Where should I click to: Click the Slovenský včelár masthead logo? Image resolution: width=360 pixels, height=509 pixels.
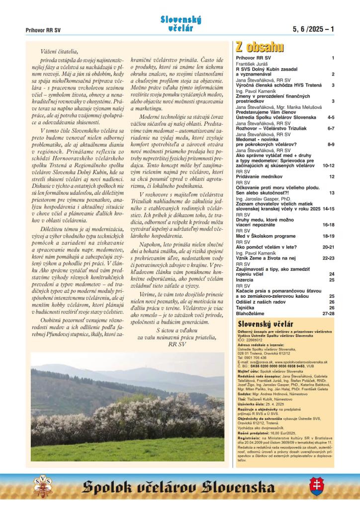[180, 23]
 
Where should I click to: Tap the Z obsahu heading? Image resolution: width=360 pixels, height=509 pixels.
[260, 48]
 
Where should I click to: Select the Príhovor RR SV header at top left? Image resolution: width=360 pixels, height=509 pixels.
[43, 30]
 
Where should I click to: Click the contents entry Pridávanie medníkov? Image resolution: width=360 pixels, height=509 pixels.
[259, 176]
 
